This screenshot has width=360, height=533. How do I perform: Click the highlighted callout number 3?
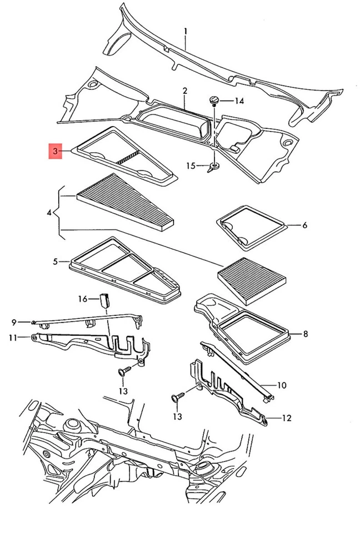click(55, 151)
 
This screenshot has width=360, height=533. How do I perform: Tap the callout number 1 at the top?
click(186, 31)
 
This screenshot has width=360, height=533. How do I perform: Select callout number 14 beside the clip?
click(239, 100)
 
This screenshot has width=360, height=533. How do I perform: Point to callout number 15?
click(191, 165)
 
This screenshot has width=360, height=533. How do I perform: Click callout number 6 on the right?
click(304, 225)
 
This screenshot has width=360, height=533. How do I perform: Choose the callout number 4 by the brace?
click(49, 213)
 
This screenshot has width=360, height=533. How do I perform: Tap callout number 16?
click(83, 299)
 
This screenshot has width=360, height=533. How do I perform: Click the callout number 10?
click(281, 384)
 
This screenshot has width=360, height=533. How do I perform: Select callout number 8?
click(305, 334)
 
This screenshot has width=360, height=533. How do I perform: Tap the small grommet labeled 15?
click(213, 167)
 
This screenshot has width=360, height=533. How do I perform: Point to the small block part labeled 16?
click(104, 300)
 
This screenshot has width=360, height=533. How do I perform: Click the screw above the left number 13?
click(123, 370)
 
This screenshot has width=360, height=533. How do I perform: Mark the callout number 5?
click(55, 260)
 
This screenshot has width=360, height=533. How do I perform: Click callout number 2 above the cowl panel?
click(184, 90)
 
